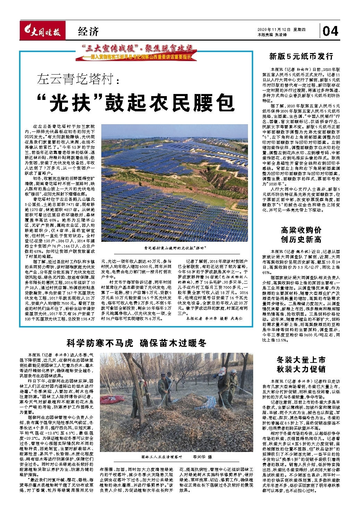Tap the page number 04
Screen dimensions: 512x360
pyautogui.click(x=330, y=32)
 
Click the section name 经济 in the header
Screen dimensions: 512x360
pyautogui.click(x=88, y=32)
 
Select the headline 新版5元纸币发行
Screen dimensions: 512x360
pyautogui.click(x=301, y=56)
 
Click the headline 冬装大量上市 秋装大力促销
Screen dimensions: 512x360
pyautogui.click(x=301, y=364)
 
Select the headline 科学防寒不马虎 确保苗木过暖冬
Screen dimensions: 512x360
pyautogui.click(x=136, y=343)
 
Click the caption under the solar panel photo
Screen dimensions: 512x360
pyautogui.click(x=175, y=248)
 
